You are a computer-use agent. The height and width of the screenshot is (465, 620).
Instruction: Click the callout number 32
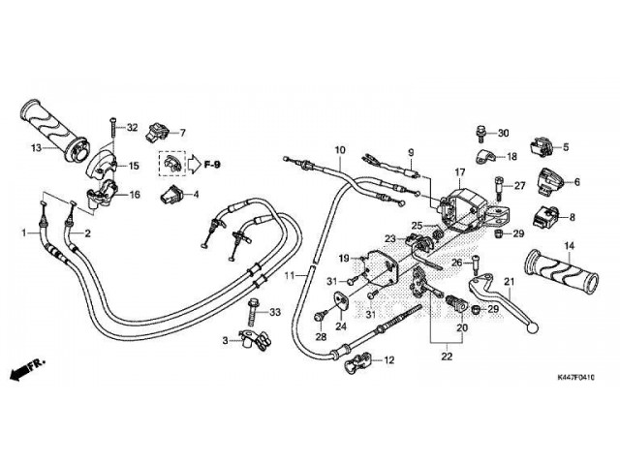tap(133, 128)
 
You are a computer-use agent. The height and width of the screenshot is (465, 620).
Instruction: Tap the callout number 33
tap(274, 312)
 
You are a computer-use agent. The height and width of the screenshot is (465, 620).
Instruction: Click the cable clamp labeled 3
tap(253, 340)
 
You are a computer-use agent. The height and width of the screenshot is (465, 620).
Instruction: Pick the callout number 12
tap(389, 360)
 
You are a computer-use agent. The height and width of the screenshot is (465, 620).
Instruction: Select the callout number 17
tap(461, 171)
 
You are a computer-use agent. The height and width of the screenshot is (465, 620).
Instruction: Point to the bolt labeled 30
tap(481, 133)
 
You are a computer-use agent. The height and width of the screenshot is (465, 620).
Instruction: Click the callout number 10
tap(340, 150)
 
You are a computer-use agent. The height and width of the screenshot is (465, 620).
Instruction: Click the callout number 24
tap(341, 327)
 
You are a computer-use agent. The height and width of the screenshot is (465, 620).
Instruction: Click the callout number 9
tap(410, 153)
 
